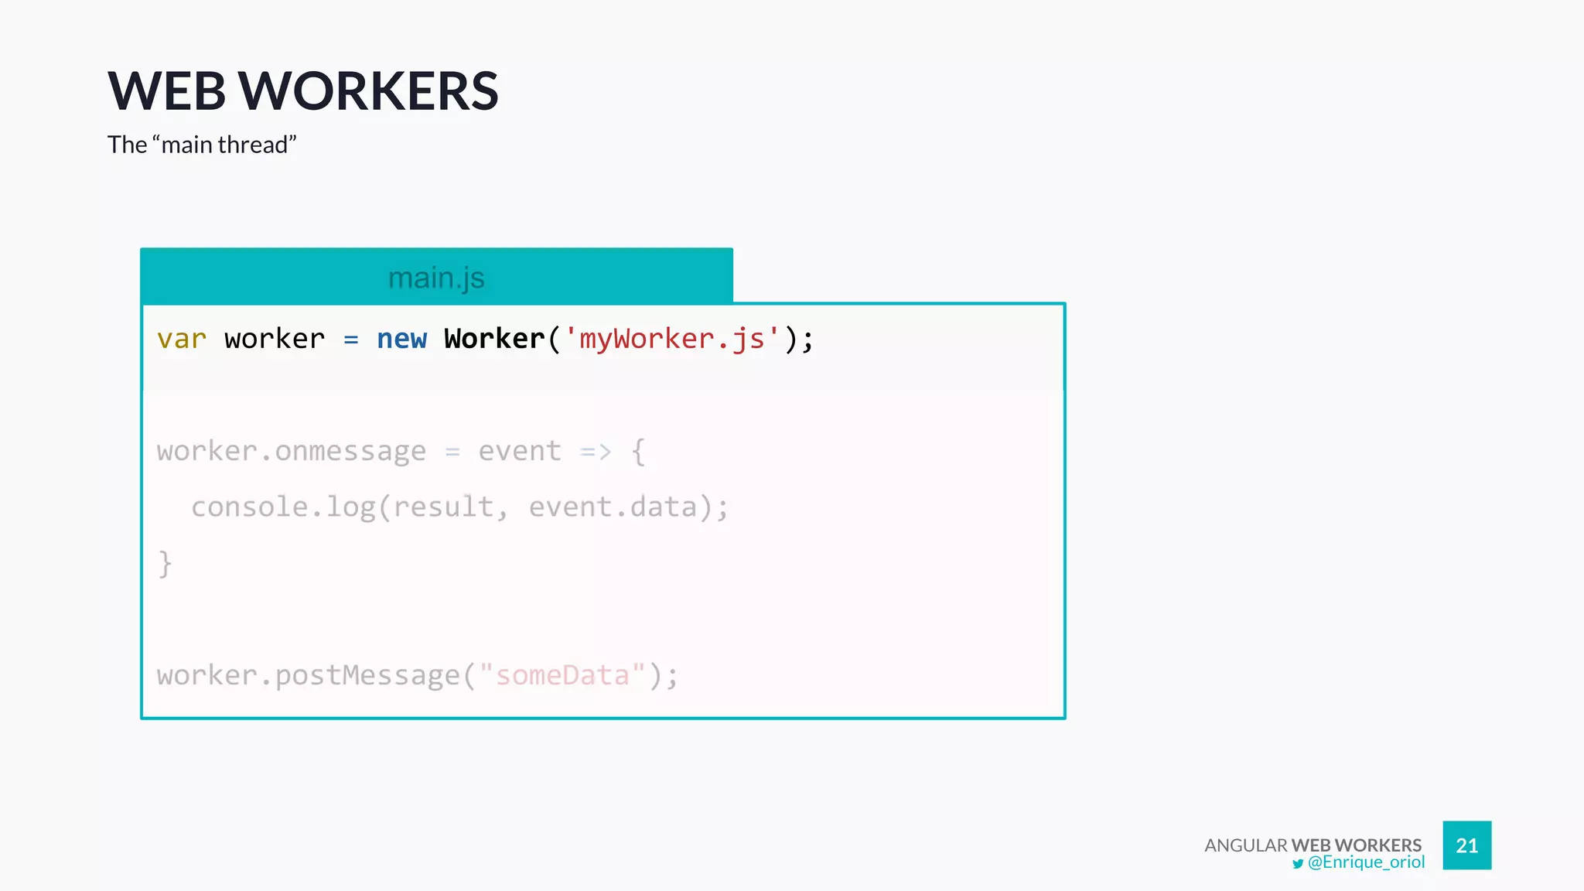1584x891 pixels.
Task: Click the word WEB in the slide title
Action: pos(166,91)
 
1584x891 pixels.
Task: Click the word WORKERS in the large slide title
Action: pos(369,91)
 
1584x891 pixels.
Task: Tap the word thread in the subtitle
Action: pos(252,145)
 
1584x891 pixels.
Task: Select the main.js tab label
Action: pos(436,278)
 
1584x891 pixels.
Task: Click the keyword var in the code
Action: pos(182,339)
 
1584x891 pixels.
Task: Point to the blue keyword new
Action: pos(401,339)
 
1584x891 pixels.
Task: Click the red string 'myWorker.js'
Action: pos(671,339)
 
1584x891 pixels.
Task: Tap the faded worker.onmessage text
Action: pos(292,451)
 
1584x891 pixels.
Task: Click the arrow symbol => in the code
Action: pos(596,451)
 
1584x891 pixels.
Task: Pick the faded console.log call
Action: pos(283,507)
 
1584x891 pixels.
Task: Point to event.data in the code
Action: pos(613,507)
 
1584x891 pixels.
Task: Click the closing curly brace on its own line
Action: pos(165,564)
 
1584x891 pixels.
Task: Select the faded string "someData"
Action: pos(562,675)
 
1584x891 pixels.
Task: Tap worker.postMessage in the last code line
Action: pos(309,675)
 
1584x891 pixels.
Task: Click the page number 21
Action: pos(1466,845)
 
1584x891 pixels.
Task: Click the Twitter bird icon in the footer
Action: pos(1298,864)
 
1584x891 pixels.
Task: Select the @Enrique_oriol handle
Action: pos(1366,862)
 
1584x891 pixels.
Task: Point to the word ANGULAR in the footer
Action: pos(1245,845)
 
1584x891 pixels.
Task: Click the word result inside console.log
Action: pos(443,507)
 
